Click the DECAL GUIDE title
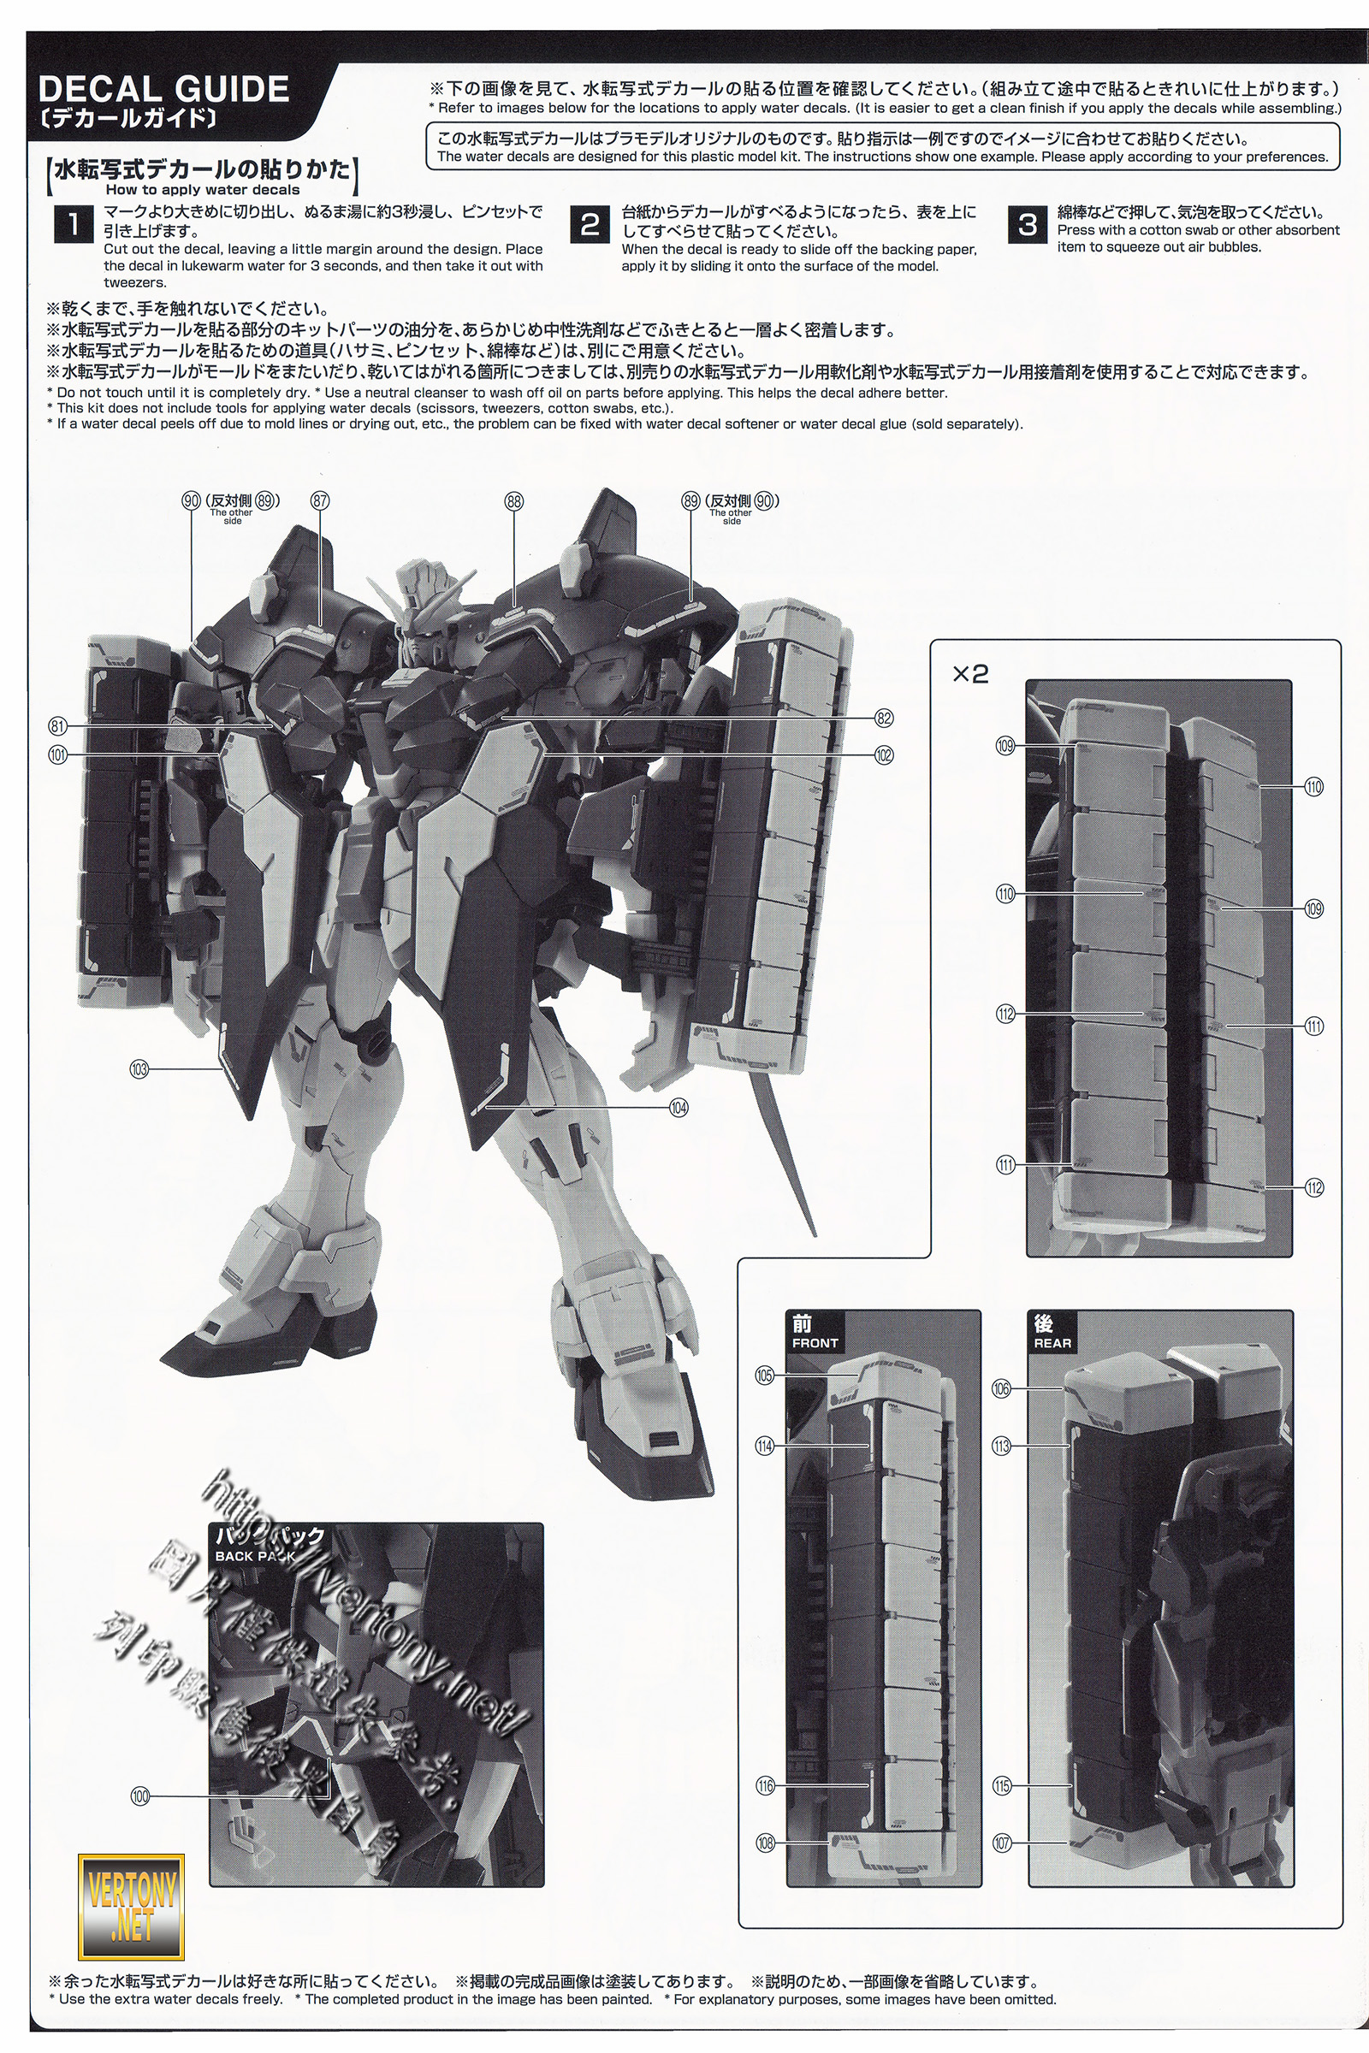coord(164,90)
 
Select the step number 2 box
coord(590,224)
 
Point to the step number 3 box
coord(1027,224)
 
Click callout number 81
coord(57,726)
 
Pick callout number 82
coord(884,719)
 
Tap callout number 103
coord(139,1068)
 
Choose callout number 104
coord(679,1108)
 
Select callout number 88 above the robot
coord(513,501)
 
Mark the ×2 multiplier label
coord(969,674)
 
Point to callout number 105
coord(764,1376)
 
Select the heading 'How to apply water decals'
coord(203,190)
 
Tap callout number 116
coord(765,1786)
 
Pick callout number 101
coord(57,755)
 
